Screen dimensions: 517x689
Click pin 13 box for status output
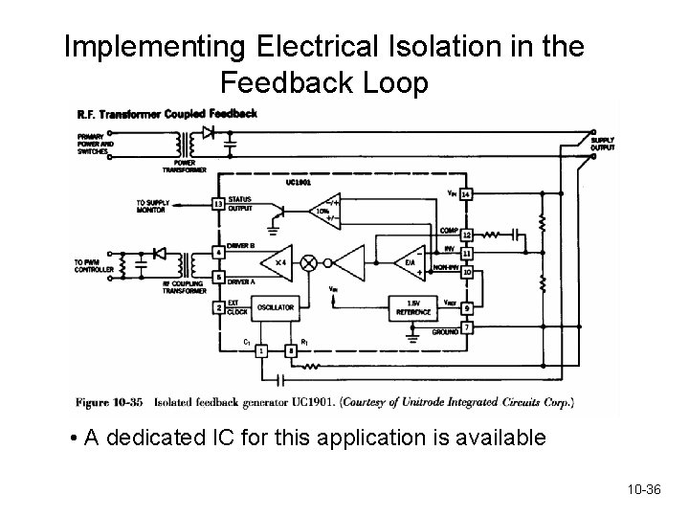click(x=219, y=203)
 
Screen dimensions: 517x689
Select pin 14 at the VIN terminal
click(x=466, y=194)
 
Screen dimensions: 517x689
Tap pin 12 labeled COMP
click(x=466, y=235)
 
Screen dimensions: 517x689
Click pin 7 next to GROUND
click(x=466, y=329)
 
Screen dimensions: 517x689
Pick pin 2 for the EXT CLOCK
click(x=219, y=308)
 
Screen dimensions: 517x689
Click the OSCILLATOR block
click(x=275, y=307)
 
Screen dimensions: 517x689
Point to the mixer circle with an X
click(x=309, y=262)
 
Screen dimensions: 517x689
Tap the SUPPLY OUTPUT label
click(x=603, y=143)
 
